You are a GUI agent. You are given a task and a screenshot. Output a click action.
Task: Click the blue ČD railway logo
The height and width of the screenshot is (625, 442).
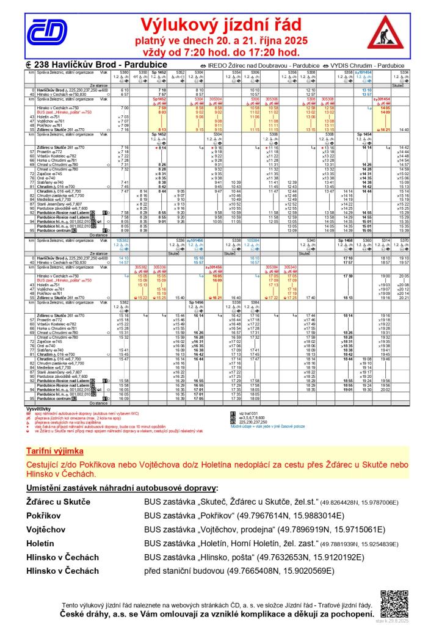pyautogui.click(x=45, y=31)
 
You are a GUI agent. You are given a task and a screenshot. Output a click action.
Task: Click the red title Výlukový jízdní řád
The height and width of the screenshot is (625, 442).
pyautogui.click(x=222, y=25)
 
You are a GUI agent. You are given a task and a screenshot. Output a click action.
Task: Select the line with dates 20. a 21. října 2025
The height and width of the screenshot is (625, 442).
pyautogui.click(x=221, y=40)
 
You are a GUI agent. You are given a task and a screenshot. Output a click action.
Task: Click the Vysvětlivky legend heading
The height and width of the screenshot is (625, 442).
pyautogui.click(x=38, y=408)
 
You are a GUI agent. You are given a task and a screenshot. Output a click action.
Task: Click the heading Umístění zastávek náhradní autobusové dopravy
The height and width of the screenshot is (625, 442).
pyautogui.click(x=121, y=490)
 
